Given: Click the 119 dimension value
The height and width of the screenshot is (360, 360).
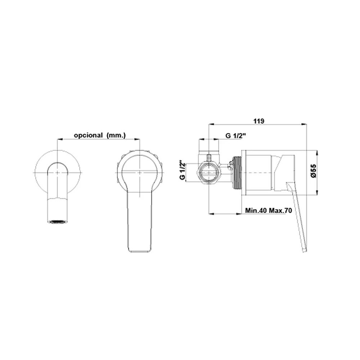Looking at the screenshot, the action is pyautogui.click(x=259, y=121).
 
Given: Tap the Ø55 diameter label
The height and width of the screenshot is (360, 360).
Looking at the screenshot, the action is pyautogui.click(x=314, y=171).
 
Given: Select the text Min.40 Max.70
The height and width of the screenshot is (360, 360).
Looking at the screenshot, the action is pyautogui.click(x=269, y=210).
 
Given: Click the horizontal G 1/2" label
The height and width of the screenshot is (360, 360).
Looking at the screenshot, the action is pyautogui.click(x=235, y=136).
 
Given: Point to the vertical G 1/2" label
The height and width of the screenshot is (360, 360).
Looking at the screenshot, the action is pyautogui.click(x=182, y=170).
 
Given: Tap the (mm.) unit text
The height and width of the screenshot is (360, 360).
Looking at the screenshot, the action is pyautogui.click(x=116, y=135).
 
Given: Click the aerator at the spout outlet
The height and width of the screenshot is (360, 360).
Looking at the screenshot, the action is pyautogui.click(x=58, y=222).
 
